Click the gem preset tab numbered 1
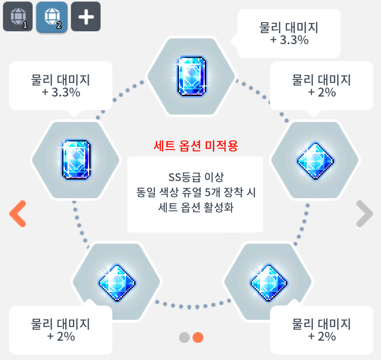coord(18,17)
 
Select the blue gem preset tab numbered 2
coord(52,17)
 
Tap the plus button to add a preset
coord(86,17)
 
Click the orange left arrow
coord(18,213)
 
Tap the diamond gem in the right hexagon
coord(314,160)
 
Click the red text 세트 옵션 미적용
coord(195,146)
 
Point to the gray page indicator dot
coord(184,337)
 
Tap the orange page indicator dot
coord(198,337)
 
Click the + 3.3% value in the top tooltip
coord(289,40)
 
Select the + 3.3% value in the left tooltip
coord(61,92)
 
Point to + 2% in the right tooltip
coord(322,92)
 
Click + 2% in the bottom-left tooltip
coord(61,336)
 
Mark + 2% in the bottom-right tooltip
coord(322,336)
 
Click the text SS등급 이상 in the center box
coord(195,176)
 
